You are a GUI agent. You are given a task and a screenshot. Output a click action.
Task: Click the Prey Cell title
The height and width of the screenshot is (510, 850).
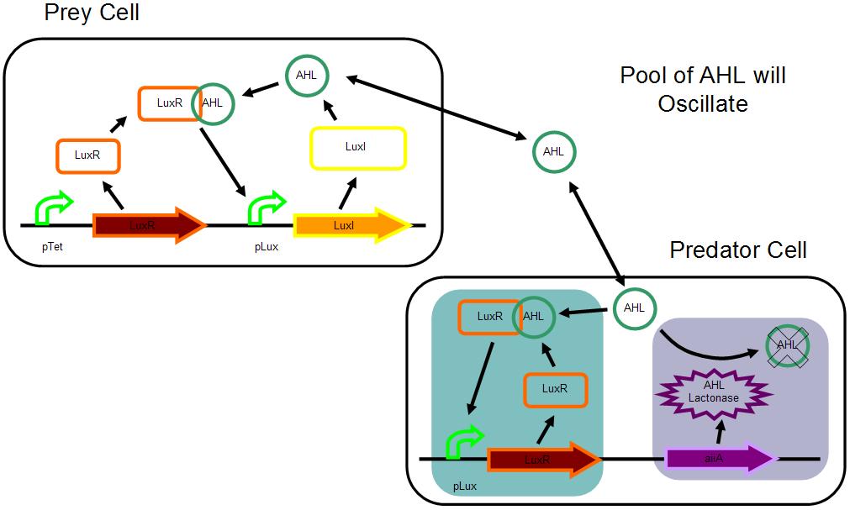tap(92, 13)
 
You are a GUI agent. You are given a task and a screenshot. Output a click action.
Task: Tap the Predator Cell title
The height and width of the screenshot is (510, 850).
tap(738, 250)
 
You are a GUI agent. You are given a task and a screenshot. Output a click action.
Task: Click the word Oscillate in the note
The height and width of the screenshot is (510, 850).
tap(703, 103)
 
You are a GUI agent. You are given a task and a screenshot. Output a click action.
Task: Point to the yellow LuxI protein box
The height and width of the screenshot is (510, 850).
tap(358, 147)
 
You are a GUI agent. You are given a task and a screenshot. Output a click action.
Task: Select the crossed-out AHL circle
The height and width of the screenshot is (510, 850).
tap(787, 344)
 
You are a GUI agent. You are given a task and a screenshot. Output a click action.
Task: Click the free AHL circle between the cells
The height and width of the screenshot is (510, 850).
tap(553, 152)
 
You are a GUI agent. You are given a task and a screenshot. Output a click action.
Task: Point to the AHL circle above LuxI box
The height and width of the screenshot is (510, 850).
tap(305, 75)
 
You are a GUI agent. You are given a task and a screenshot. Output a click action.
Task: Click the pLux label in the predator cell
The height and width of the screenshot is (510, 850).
tap(466, 486)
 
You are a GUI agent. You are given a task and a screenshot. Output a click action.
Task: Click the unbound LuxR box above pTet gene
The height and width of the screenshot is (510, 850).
tap(87, 155)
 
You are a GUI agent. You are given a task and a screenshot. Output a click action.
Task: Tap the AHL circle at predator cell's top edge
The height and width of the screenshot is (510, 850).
tap(634, 308)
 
